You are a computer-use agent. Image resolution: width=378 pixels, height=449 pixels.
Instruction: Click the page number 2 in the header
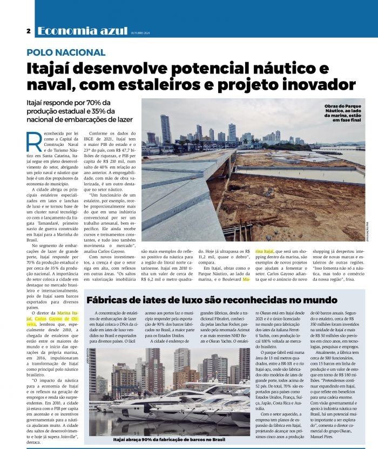point(28,31)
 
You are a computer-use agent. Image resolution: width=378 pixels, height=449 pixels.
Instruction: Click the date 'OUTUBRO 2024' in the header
point(140,33)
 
